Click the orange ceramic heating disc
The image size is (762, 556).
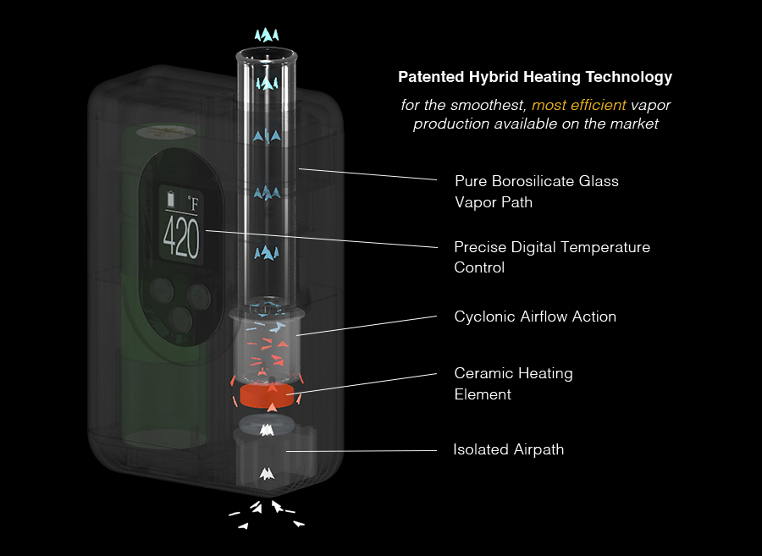coord(268,395)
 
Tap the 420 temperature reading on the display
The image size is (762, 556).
coord(180,238)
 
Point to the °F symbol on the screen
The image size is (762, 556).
coord(195,203)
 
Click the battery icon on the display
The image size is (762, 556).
coord(172,200)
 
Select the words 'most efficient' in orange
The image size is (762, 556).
coord(579,105)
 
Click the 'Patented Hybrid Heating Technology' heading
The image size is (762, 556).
coord(535,77)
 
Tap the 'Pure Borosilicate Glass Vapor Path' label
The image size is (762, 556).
coord(537,191)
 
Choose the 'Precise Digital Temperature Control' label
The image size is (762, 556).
coord(552,257)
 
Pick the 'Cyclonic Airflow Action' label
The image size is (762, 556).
coord(535,317)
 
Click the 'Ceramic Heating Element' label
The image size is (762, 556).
coord(513,383)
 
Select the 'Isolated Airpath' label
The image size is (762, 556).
coord(508,449)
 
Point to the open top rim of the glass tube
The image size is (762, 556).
coord(268,57)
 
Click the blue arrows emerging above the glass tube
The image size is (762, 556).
coord(268,35)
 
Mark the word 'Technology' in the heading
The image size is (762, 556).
coord(631,77)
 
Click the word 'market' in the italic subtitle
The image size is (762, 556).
coord(636,124)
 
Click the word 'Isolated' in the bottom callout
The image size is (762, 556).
coord(480,449)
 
